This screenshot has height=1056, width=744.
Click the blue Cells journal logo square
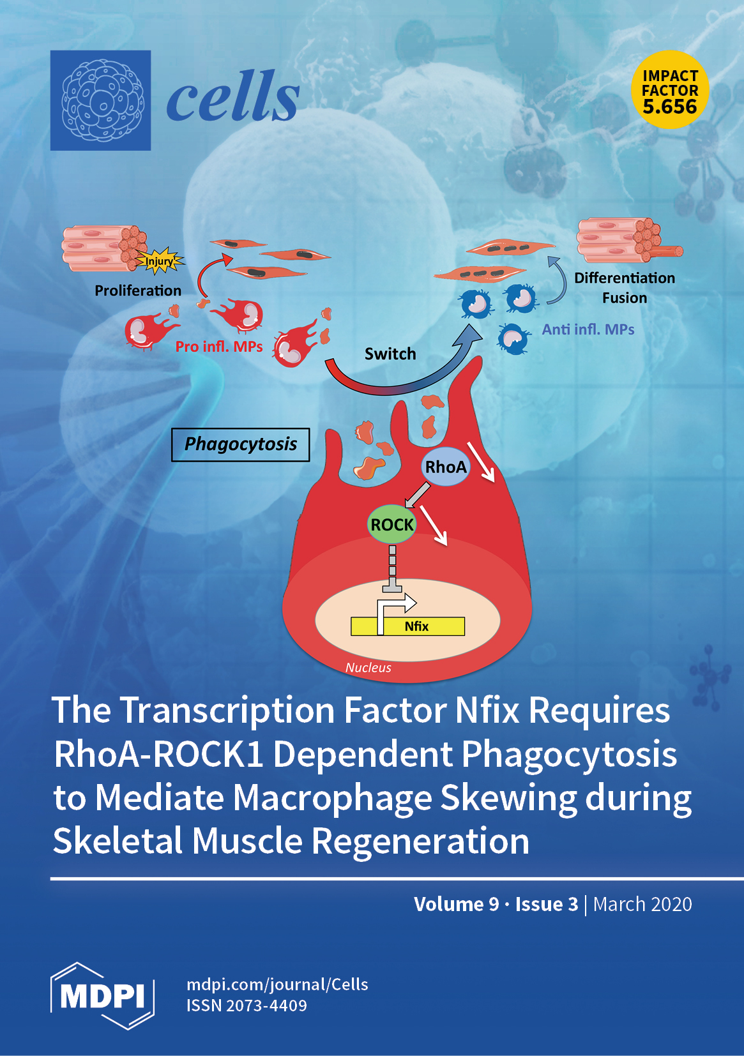[x=100, y=100]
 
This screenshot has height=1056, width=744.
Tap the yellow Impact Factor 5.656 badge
[x=670, y=90]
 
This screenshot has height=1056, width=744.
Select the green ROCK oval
[x=391, y=525]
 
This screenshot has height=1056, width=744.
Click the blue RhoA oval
[x=446, y=467]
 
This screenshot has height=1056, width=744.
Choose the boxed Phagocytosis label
[x=240, y=444]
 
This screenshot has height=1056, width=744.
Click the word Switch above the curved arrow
[x=390, y=354]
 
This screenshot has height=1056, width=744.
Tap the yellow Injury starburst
[x=160, y=260]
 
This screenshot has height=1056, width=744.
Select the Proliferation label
[x=138, y=290]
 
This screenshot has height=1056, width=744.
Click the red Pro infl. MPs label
[x=219, y=347]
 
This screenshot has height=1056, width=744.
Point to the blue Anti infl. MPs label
[x=588, y=329]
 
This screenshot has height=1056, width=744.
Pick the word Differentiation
[x=624, y=278]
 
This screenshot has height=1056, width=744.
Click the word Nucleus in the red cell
[x=368, y=668]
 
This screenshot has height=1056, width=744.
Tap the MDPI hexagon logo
[x=102, y=995]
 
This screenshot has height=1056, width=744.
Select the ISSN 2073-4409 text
[x=247, y=1006]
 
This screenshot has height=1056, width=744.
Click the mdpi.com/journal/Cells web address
[x=277, y=984]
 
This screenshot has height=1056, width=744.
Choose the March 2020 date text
[x=642, y=904]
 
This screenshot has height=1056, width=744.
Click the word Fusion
[x=624, y=298]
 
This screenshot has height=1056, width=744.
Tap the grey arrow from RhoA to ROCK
[x=418, y=495]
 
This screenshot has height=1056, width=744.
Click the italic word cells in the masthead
[x=232, y=98]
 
